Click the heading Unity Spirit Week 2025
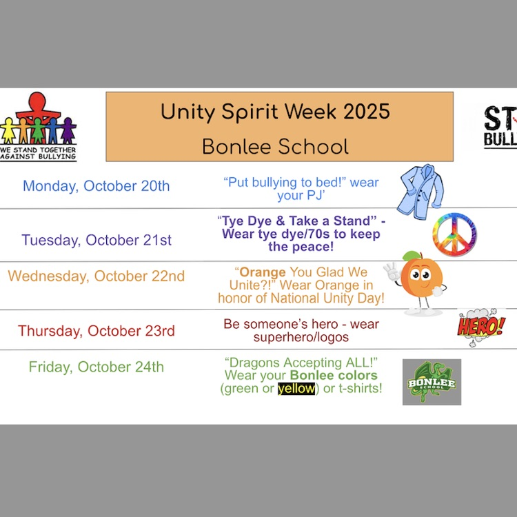coord(275,112)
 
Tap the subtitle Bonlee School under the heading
coord(275,146)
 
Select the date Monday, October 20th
coord(96,186)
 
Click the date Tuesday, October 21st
coord(97,240)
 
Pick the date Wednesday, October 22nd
coord(97,276)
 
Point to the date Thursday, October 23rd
coord(97,331)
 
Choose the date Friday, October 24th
coord(97,367)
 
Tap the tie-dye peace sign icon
coord(455,235)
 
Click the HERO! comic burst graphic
coord(480,325)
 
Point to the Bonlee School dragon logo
coord(432,381)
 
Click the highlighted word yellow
coord(296,389)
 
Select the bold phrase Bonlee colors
coord(334,376)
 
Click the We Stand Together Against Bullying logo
coord(39,128)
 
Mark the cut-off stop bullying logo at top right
coord(500,127)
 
